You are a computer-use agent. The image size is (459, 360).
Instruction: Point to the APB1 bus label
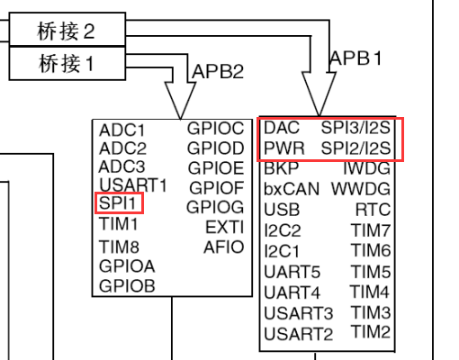pyautogui.click(x=356, y=58)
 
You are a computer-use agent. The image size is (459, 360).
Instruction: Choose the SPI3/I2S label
pyautogui.click(x=356, y=128)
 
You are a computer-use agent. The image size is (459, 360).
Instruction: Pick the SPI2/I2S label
pyautogui.click(x=356, y=148)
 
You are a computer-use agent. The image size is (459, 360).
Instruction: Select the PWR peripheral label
pyautogui.click(x=283, y=148)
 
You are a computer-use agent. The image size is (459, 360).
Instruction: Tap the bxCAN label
pyautogui.click(x=292, y=190)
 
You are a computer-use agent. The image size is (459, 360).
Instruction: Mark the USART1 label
pyautogui.click(x=133, y=185)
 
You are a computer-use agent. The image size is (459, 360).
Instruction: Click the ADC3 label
pyautogui.click(x=121, y=166)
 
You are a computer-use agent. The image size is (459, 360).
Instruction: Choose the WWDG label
pyautogui.click(x=361, y=190)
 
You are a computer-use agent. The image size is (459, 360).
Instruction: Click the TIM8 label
pyautogui.click(x=119, y=247)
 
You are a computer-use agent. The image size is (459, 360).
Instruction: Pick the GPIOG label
pyautogui.click(x=215, y=207)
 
